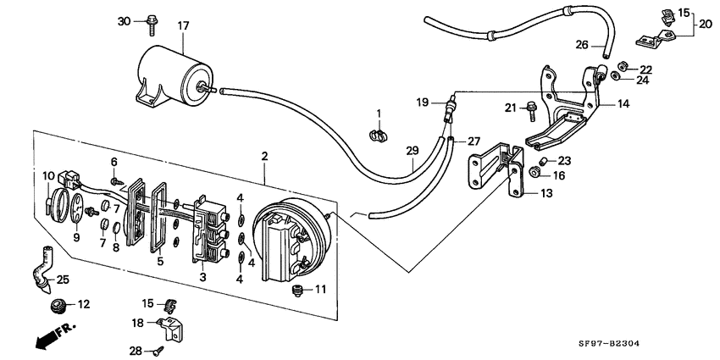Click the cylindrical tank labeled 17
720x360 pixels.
pos(174,75)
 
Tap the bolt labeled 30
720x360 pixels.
pos(151,25)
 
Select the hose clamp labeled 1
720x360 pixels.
pos(379,136)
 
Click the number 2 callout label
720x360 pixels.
pos(264,156)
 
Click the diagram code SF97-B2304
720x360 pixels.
pos(608,343)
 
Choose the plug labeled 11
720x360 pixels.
pos(298,291)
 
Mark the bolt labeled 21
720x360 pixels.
pos(531,111)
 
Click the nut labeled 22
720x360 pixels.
pos(623,65)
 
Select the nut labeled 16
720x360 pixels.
pos(534,172)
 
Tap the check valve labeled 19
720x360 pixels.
pos(450,108)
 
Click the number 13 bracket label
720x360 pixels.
pos(546,193)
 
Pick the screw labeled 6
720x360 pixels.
pos(115,181)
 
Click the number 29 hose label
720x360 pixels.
pos(413,150)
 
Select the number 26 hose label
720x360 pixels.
pos(582,45)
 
